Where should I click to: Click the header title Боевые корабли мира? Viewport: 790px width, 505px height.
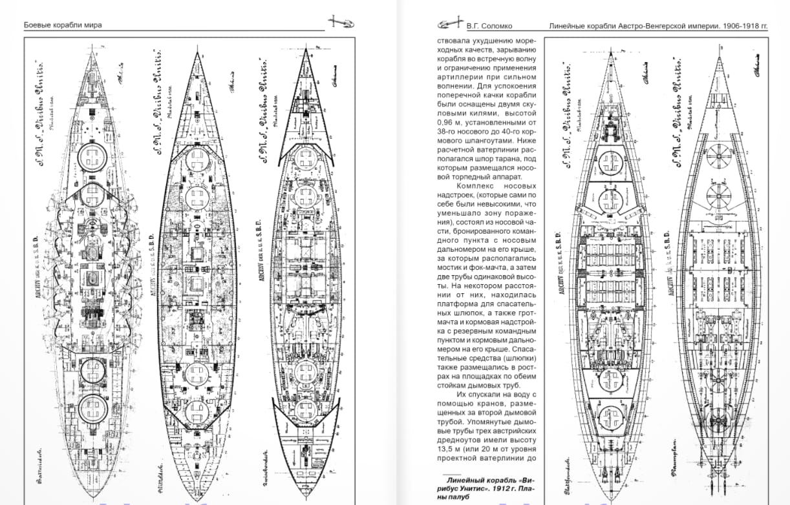(63, 25)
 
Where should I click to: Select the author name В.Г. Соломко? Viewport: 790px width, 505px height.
(489, 26)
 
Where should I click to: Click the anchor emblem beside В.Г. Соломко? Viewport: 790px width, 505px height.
(450, 25)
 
